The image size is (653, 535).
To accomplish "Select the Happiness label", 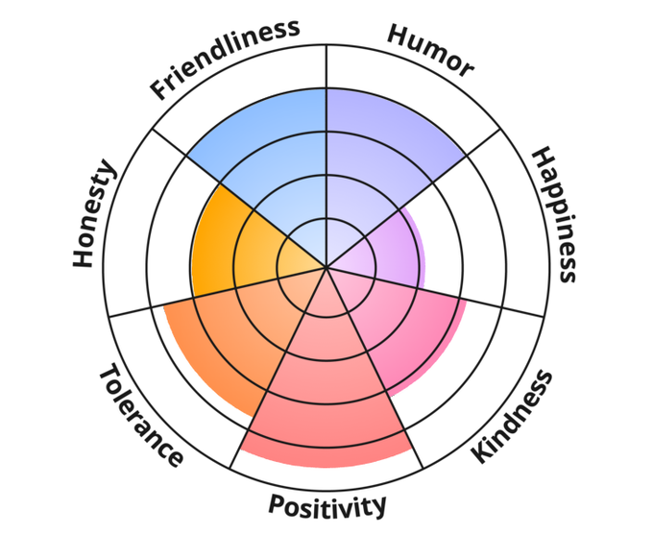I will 555,214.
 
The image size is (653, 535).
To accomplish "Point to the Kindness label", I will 514,416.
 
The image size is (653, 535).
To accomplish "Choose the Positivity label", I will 326,504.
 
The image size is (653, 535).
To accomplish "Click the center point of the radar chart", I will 326,268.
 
